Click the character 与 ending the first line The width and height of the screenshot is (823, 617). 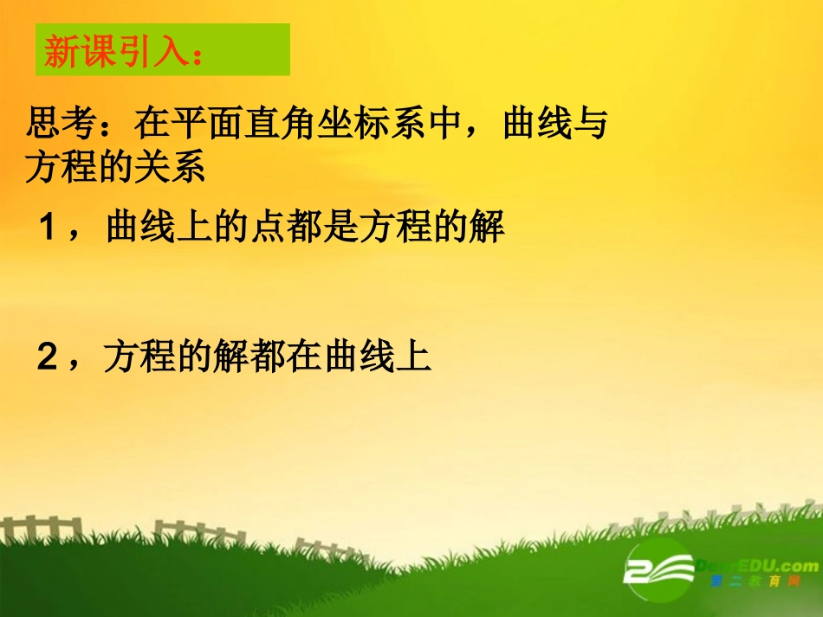[x=591, y=126]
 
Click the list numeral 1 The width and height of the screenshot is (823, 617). [x=49, y=229]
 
